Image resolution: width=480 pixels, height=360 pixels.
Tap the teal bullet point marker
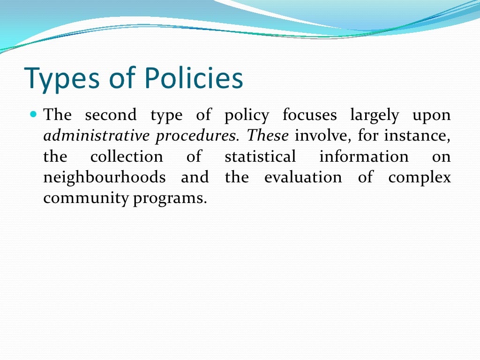tap(33, 114)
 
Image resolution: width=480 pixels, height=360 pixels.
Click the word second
tap(111, 115)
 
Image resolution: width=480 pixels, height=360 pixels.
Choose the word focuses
tap(309, 115)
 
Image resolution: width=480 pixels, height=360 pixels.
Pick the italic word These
tap(268, 135)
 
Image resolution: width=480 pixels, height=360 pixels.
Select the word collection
tap(127, 157)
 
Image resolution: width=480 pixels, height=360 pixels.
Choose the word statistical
tap(260, 157)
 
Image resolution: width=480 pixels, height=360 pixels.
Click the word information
tap(364, 157)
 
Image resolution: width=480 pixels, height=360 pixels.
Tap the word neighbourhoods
tap(104, 178)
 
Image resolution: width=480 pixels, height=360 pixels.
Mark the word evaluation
tap(303, 178)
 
